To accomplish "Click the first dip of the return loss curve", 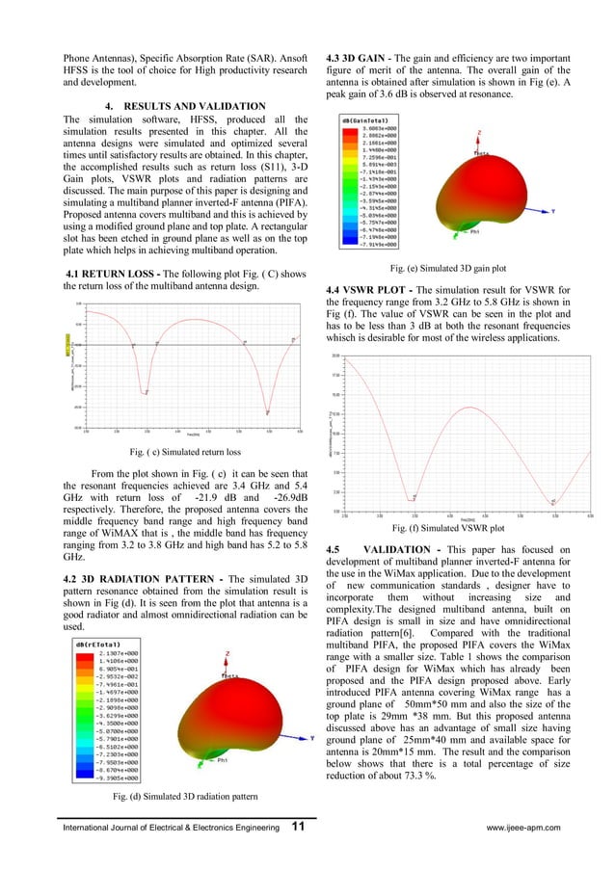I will (x=146, y=392).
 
